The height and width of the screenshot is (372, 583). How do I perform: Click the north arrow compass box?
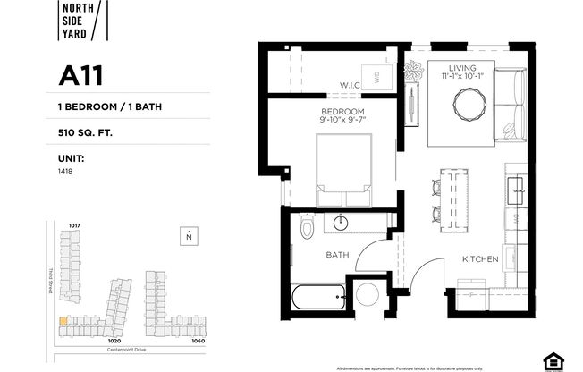[189, 236]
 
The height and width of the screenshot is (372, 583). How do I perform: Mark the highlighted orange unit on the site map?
[63, 320]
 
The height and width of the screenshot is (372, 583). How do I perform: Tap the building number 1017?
[74, 225]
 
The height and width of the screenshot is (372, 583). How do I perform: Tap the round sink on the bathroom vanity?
[341, 220]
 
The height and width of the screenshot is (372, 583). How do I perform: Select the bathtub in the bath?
[317, 294]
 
